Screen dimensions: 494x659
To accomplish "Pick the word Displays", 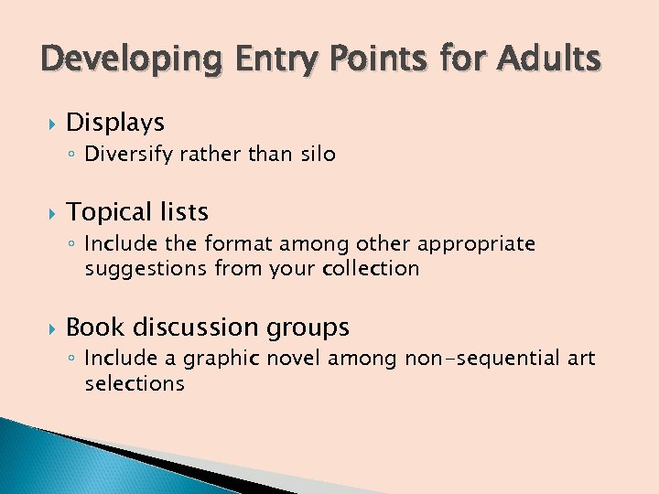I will coord(115,123).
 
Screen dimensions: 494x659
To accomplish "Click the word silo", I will coord(318,155).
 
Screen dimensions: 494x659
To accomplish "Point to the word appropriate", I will coord(475,244).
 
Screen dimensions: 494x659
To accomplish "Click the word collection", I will coord(373,268).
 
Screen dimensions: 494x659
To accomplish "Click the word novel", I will coord(276,360).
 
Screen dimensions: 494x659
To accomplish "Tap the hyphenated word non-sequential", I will coord(482,360).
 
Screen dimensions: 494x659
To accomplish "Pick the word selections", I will coord(135,383).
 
